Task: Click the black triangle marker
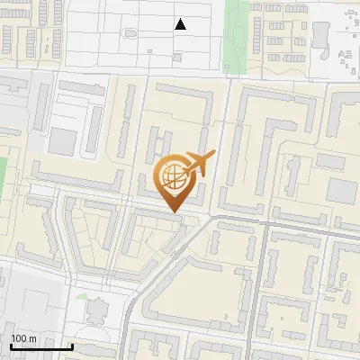point(181,24)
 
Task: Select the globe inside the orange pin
point(172,175)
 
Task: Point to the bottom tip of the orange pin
point(172,212)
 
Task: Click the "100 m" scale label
point(23,338)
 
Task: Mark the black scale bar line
point(41,346)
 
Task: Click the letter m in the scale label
point(32,338)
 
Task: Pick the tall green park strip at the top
point(236,27)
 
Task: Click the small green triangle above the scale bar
point(82,295)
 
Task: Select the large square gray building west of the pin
point(63,140)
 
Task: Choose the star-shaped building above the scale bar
point(97,311)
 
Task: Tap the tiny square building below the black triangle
point(177,57)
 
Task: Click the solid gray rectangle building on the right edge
point(341,191)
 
